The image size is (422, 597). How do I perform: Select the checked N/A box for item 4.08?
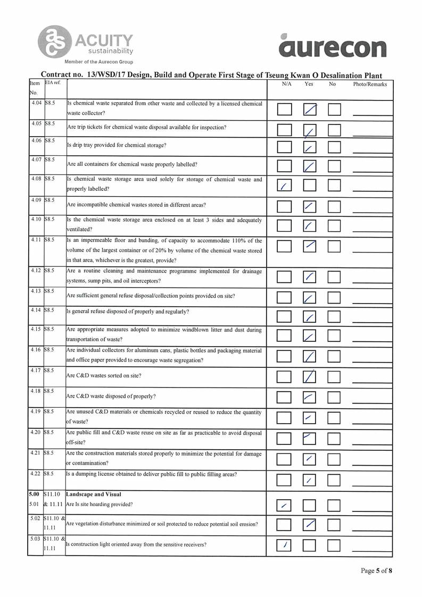[285, 186]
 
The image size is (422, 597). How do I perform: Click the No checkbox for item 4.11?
[334, 246]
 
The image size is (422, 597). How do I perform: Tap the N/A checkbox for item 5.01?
[285, 504]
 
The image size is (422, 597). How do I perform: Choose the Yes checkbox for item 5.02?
[310, 525]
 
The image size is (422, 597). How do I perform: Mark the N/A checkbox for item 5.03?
[285, 545]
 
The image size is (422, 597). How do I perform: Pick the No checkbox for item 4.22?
[334, 481]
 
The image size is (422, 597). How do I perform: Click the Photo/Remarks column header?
[370, 84]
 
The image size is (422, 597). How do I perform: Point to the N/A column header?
[286, 84]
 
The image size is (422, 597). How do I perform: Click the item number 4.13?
[36, 291]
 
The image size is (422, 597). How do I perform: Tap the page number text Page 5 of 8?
[376, 571]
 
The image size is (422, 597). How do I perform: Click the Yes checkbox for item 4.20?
[310, 439]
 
